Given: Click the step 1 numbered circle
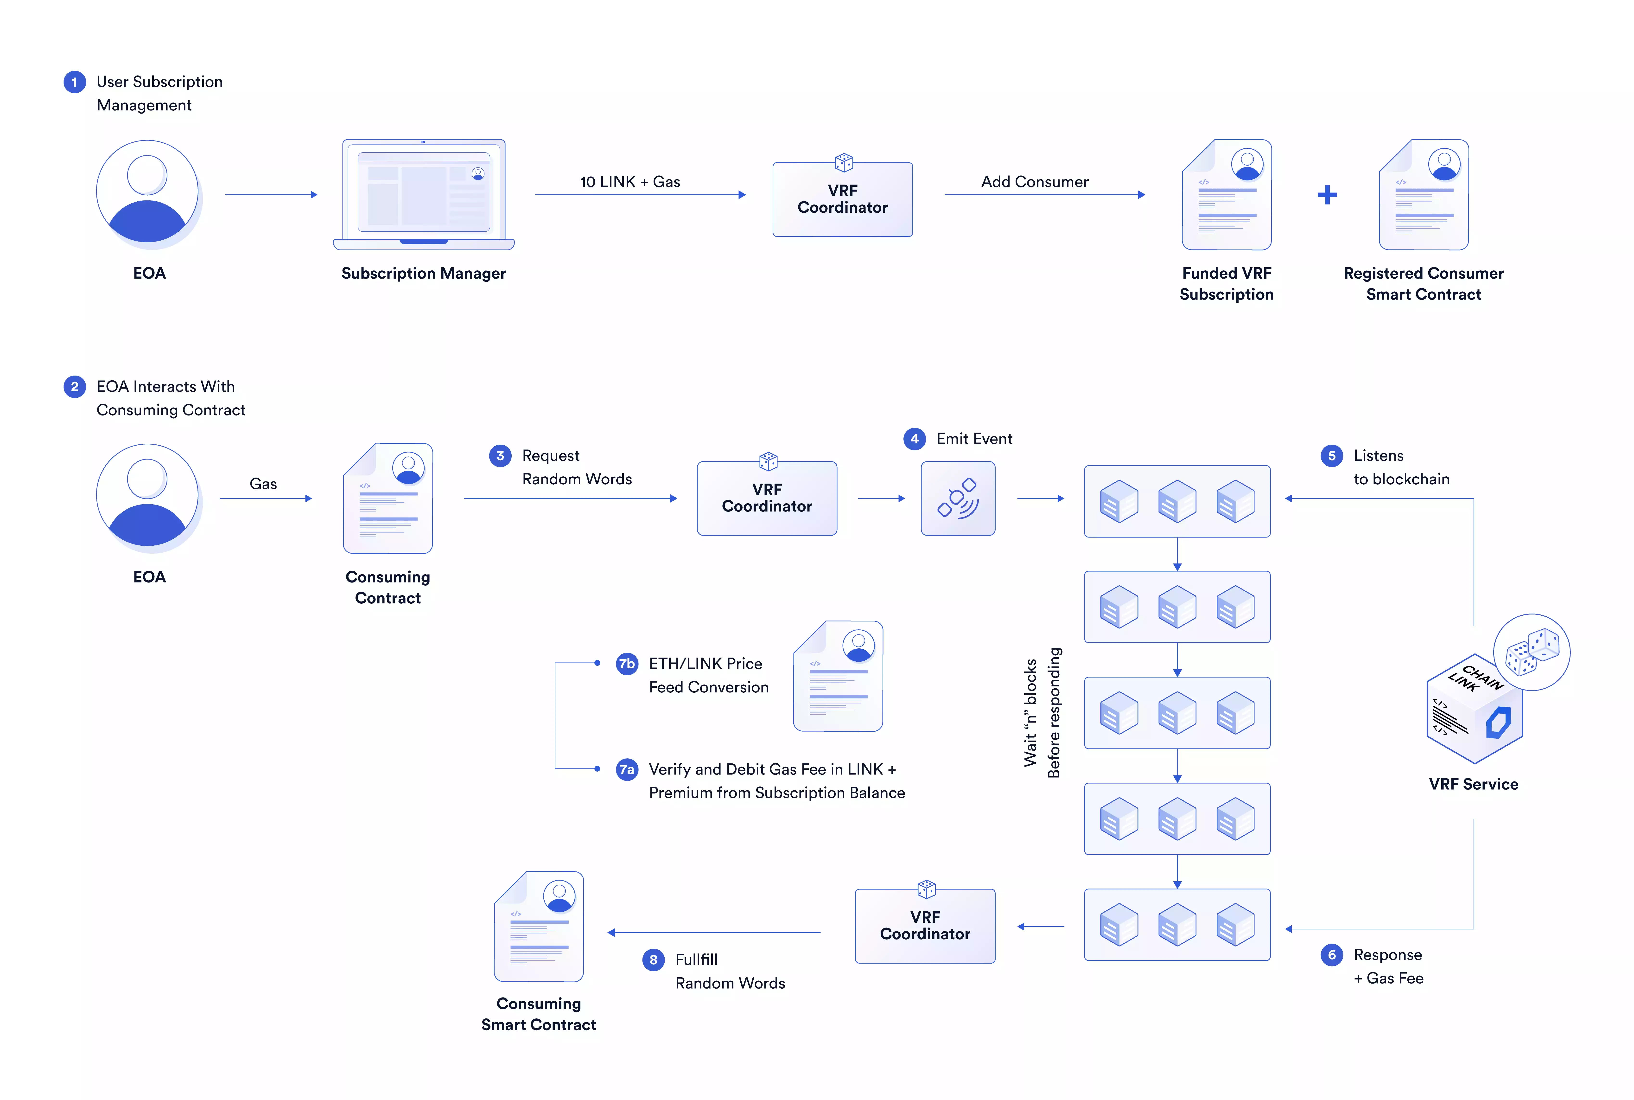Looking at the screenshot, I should pos(74,82).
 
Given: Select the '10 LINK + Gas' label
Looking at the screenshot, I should pos(630,182).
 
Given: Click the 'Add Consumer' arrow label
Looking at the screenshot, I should pos(1034,182).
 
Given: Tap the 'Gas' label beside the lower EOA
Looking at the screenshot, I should pos(263,484).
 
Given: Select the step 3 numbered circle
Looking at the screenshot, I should pos(500,456).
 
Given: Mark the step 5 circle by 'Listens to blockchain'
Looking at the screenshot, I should pos(1332,456).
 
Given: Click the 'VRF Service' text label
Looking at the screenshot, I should pos(1473,784).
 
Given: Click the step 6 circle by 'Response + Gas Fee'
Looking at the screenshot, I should pos(1332,955).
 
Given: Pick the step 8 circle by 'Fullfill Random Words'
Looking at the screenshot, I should pos(653,960).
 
